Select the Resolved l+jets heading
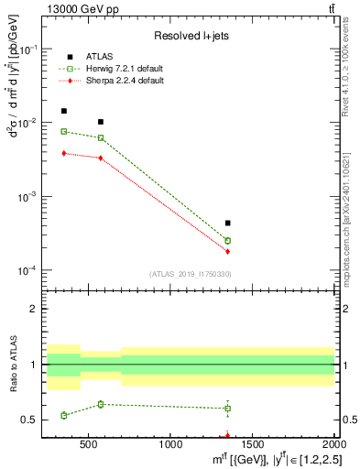point(189,35)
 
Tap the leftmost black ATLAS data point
point(63,111)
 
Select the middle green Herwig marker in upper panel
point(101,138)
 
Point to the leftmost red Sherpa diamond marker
point(63,153)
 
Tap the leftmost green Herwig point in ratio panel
point(63,415)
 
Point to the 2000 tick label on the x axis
point(333,444)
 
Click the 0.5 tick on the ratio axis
point(36,420)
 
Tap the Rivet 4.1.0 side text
point(351,63)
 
